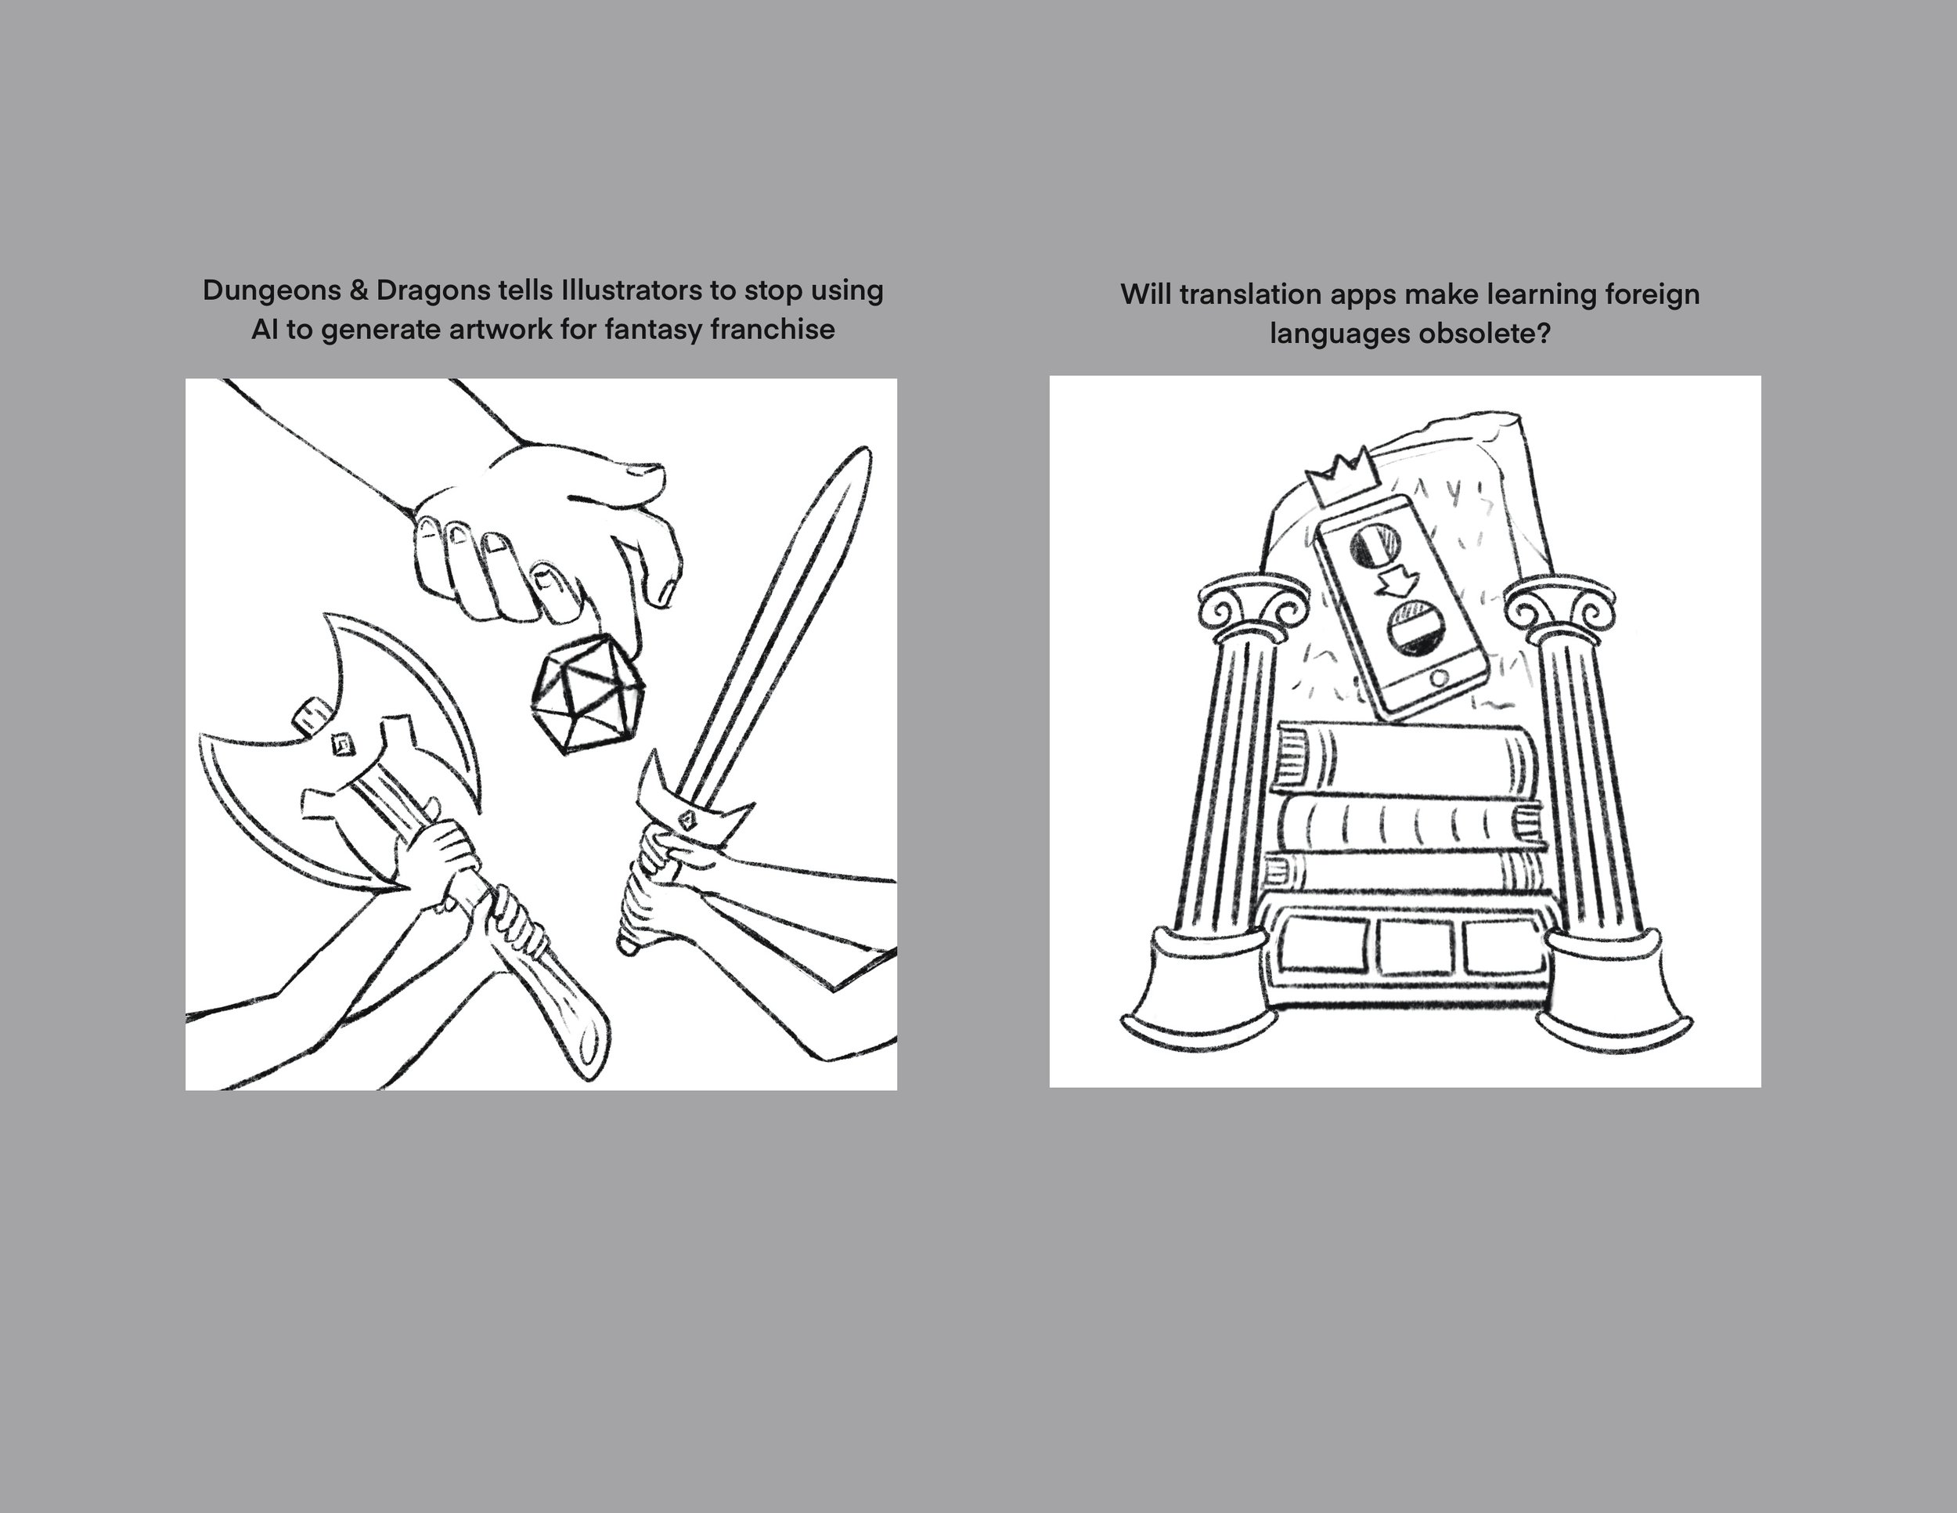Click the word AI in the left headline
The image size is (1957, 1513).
[265, 330]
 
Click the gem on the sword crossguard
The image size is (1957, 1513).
[687, 818]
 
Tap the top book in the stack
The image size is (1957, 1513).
[1406, 756]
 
